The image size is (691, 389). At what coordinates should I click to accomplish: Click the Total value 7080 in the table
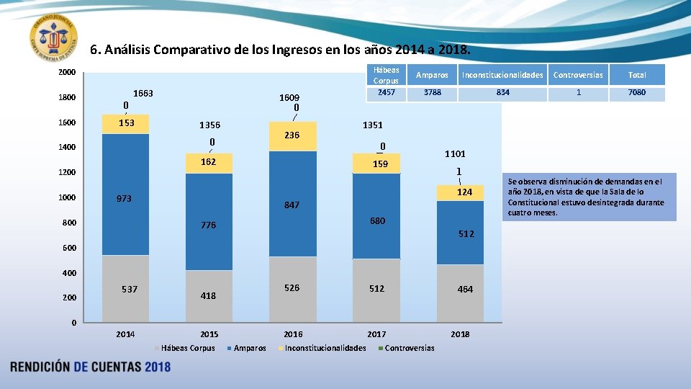pos(636,93)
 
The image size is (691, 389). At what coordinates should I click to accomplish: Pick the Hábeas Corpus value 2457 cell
pos(387,93)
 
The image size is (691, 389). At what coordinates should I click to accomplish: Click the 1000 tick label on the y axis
pos(66,198)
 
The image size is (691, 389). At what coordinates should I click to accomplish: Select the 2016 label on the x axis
pos(293,334)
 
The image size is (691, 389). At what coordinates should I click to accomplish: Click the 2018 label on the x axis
pos(459,334)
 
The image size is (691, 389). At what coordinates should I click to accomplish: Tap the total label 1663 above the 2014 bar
pos(143,94)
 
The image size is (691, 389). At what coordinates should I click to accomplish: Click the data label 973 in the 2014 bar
pos(125,198)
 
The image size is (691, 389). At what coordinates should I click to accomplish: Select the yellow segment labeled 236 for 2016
pos(292,135)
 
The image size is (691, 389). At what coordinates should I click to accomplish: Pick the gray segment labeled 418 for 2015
pos(209,295)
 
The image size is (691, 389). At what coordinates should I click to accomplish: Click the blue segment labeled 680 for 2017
pos(376,220)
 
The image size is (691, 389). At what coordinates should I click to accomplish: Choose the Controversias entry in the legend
pos(410,349)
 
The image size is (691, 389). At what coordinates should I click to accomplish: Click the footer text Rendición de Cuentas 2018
pos(91,367)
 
